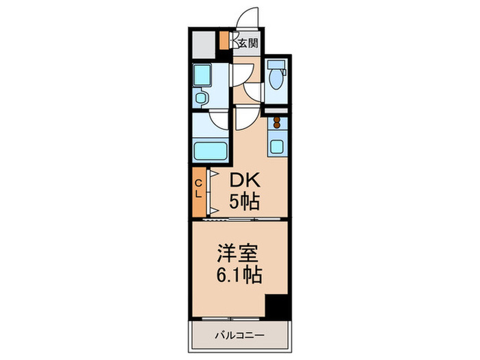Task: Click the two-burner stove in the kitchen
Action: pos(278,123)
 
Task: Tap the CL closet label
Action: pos(198,188)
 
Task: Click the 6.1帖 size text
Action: pos(237,276)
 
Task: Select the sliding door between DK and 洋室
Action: pos(237,219)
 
